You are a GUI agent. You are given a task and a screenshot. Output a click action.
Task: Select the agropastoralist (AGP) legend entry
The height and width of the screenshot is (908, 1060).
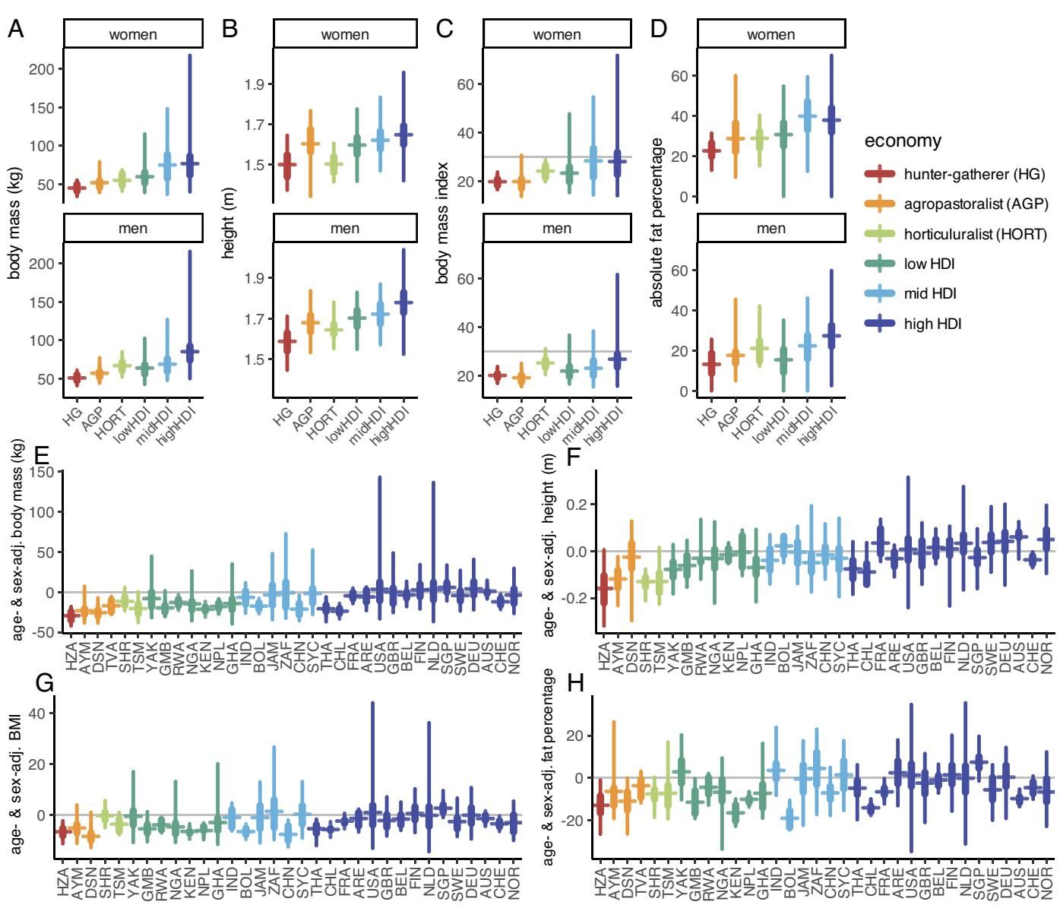(x=976, y=204)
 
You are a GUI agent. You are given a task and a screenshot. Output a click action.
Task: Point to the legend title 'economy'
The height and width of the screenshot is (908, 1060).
(x=903, y=141)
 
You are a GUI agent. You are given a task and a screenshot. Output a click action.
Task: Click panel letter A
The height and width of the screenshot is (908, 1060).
(x=16, y=29)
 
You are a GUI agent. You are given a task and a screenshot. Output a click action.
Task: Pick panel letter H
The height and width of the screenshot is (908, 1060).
(x=576, y=683)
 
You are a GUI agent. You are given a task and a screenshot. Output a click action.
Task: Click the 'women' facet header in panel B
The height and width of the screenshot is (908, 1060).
(x=345, y=35)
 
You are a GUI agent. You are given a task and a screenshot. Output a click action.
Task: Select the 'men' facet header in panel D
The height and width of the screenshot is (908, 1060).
(x=770, y=229)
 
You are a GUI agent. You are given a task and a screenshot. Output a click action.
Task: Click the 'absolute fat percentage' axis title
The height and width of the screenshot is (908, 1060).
(x=657, y=222)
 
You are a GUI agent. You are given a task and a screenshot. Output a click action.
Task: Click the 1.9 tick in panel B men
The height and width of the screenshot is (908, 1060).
(x=254, y=278)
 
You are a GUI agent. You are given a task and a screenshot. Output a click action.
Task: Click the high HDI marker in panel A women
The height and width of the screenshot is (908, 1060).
(x=190, y=163)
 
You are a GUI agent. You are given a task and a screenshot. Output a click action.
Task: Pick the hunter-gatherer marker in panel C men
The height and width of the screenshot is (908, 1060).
(x=496, y=375)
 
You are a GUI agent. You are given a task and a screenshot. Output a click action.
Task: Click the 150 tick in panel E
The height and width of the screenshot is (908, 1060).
(x=43, y=472)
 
